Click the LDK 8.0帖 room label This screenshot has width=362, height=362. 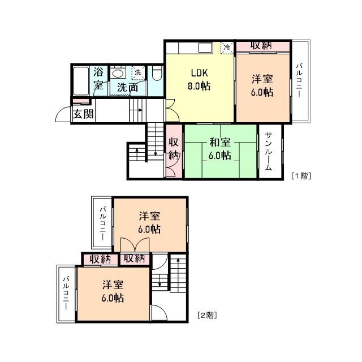click(199, 79)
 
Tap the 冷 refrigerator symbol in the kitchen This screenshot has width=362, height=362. click(227, 48)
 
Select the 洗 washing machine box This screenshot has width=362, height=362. click(138, 73)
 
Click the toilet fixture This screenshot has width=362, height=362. click(157, 73)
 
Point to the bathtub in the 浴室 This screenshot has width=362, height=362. click(81, 81)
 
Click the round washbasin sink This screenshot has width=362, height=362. click(118, 74)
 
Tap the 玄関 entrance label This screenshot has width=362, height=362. click(83, 114)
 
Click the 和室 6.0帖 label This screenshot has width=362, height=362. click(220, 149)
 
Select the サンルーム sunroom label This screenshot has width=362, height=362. click(268, 151)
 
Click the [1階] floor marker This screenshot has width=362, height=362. click(301, 176)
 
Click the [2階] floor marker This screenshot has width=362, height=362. click(207, 315)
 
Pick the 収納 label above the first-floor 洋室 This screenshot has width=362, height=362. click(261, 45)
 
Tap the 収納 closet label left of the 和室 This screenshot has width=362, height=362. click(174, 149)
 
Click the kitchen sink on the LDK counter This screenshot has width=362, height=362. click(205, 48)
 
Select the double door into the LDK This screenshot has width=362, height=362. click(171, 110)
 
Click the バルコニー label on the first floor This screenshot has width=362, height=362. click(299, 80)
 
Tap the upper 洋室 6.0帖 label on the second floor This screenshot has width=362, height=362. click(149, 223)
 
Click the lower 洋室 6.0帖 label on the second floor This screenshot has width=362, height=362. click(113, 291)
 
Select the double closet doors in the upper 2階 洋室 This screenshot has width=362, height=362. click(135, 245)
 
